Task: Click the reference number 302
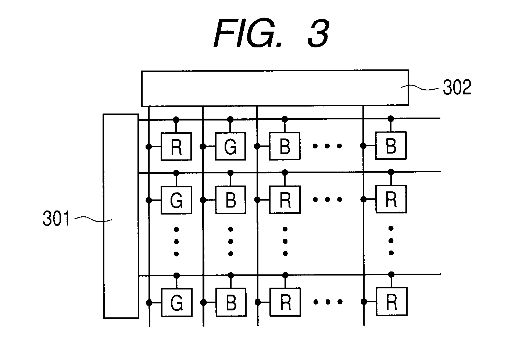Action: (x=457, y=87)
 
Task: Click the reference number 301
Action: (x=56, y=218)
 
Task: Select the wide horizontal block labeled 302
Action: (x=275, y=88)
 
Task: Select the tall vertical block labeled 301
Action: (x=121, y=216)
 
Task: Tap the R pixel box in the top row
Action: (x=176, y=147)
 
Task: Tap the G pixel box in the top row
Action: (x=230, y=147)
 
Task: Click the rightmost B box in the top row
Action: (x=391, y=145)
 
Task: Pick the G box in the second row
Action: (x=176, y=200)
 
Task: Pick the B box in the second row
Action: (x=230, y=200)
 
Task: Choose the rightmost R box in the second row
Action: (x=391, y=199)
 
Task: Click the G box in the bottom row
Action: (x=177, y=302)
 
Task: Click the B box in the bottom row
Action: (x=231, y=302)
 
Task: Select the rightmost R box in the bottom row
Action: (x=391, y=302)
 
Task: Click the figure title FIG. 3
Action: (x=272, y=33)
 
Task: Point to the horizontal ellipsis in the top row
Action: (x=327, y=146)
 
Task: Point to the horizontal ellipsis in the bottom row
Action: (x=328, y=302)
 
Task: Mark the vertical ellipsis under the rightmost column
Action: (x=391, y=241)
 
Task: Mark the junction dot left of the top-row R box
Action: (x=149, y=147)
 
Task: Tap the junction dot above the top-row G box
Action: (x=230, y=119)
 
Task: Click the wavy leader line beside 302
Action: (x=419, y=87)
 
